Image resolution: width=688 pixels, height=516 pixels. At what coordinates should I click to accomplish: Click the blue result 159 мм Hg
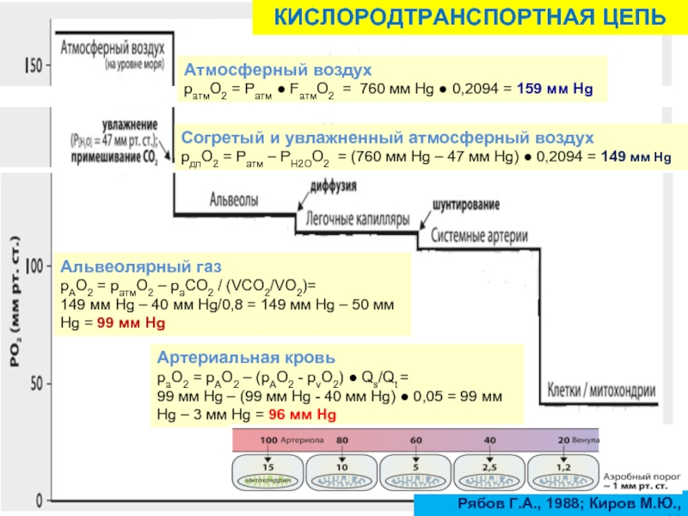555,89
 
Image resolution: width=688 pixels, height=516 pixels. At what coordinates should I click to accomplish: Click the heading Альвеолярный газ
123,267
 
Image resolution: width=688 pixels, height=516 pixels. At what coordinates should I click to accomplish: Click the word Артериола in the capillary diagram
298,439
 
